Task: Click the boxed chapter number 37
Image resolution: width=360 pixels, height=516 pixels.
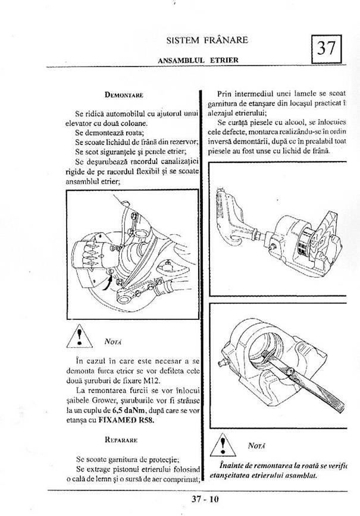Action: [x=327, y=48]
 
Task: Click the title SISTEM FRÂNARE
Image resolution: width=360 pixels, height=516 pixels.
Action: [x=208, y=40]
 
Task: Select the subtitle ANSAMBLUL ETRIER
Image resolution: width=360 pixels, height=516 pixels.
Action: [x=198, y=60]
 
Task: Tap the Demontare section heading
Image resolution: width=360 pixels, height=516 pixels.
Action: [x=124, y=94]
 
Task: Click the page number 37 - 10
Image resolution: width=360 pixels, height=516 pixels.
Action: [x=202, y=499]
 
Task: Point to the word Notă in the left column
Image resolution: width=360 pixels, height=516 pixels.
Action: [x=113, y=342]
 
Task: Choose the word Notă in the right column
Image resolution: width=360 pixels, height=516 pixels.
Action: [x=258, y=445]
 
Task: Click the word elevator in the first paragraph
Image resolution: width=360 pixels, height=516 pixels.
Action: [x=82, y=123]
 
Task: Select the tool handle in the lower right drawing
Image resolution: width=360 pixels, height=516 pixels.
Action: [x=322, y=398]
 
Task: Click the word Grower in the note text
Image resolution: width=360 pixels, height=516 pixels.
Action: [x=105, y=401]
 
